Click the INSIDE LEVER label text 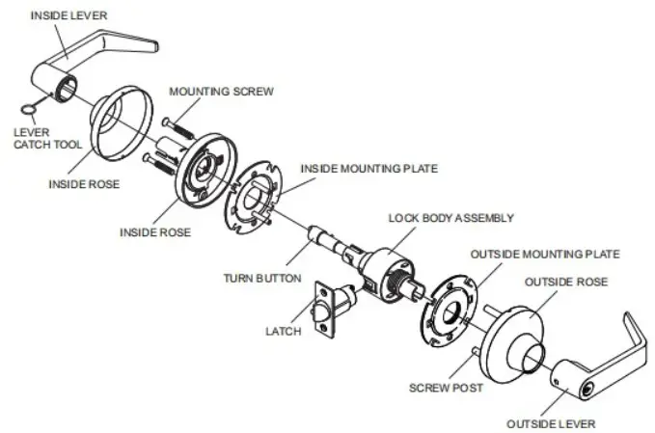(x=69, y=14)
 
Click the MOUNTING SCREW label (x=221, y=92)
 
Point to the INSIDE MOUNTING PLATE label (x=368, y=168)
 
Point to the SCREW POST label (x=445, y=387)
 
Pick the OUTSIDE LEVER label (x=551, y=423)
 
